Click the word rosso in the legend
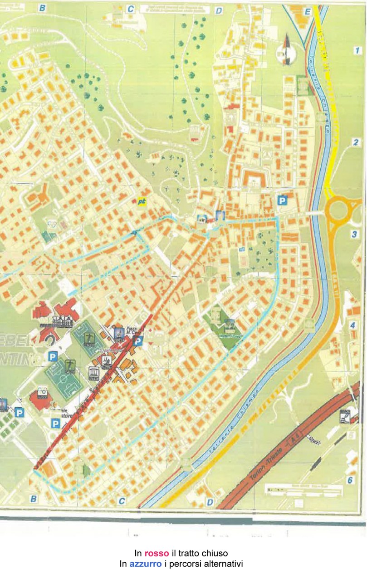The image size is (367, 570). click(x=157, y=553)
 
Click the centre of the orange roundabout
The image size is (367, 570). click(x=338, y=210)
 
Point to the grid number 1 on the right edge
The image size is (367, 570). click(x=357, y=50)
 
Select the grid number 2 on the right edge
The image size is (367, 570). click(x=356, y=143)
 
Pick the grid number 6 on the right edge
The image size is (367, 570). click(x=350, y=480)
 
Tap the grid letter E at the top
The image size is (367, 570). click(x=308, y=11)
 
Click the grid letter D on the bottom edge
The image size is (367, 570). click(x=210, y=502)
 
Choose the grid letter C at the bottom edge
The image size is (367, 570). click(x=122, y=501)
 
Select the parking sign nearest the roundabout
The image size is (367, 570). click(x=282, y=200)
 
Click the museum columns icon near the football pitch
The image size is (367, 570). click(x=94, y=373)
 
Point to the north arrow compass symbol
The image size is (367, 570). click(x=286, y=49)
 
